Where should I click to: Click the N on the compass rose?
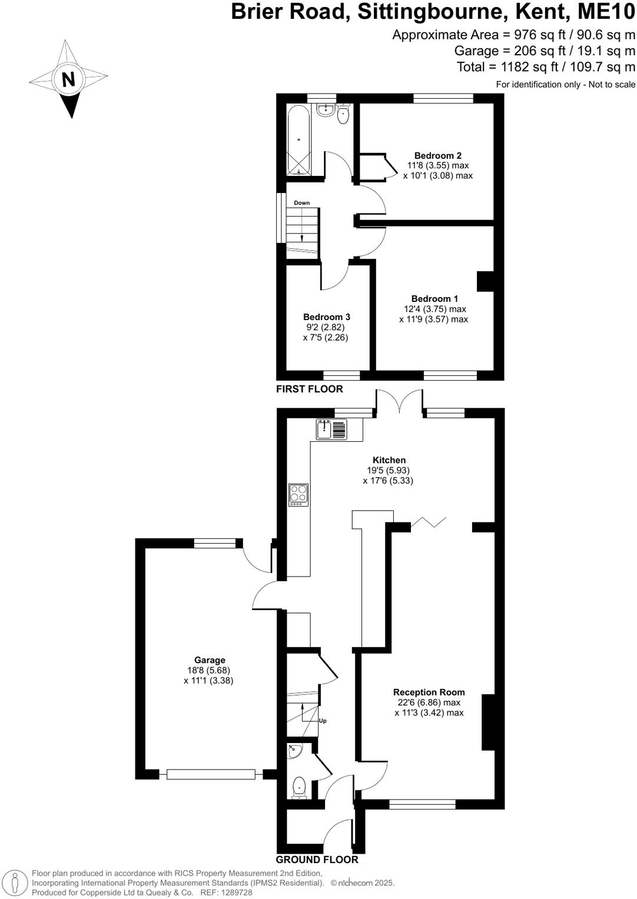pyautogui.click(x=68, y=79)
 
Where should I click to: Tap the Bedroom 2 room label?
pyautogui.click(x=437, y=156)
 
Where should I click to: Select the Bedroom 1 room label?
pyautogui.click(x=434, y=299)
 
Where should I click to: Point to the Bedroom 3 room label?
pyautogui.click(x=327, y=317)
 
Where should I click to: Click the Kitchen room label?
pyautogui.click(x=389, y=460)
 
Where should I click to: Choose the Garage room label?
pyautogui.click(x=210, y=660)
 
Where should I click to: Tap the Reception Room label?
pyautogui.click(x=429, y=692)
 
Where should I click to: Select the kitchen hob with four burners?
pyautogui.click(x=298, y=495)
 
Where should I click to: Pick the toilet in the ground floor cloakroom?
pyautogui.click(x=300, y=787)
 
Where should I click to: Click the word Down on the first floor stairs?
pyautogui.click(x=301, y=203)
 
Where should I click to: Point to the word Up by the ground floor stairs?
pyautogui.click(x=322, y=721)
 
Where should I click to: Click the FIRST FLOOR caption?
pyautogui.click(x=309, y=389)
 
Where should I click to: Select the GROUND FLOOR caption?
pyautogui.click(x=317, y=860)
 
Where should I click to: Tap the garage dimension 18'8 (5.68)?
pyautogui.click(x=210, y=670)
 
